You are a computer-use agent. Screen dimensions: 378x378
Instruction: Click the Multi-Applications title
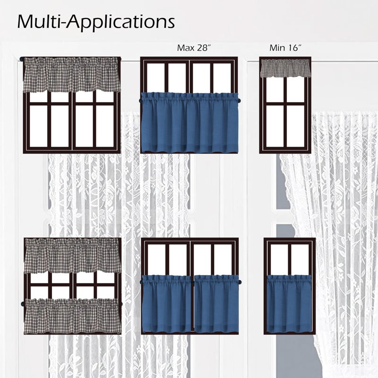pyautogui.click(x=96, y=23)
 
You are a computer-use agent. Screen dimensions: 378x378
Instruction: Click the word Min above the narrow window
pyautogui.click(x=276, y=48)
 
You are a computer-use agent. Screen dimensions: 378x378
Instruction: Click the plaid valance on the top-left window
pyautogui.click(x=72, y=75)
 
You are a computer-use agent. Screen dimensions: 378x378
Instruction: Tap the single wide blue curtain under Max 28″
pyautogui.click(x=189, y=123)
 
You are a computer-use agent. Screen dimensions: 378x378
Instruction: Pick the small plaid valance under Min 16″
pyautogui.click(x=285, y=69)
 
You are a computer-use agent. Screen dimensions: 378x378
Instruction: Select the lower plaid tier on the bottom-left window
pyautogui.click(x=72, y=316)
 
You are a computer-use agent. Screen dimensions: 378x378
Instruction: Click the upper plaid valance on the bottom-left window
pyautogui.click(x=72, y=256)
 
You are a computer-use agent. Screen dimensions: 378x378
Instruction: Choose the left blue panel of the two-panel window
pyautogui.click(x=167, y=304)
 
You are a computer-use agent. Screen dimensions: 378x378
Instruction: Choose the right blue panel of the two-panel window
pyautogui.click(x=217, y=304)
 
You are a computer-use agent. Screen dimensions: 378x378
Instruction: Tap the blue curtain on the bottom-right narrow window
pyautogui.click(x=288, y=304)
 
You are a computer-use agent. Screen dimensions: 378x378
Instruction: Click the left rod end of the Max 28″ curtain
pyautogui.click(x=140, y=100)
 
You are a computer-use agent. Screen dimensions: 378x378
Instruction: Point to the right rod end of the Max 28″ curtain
pyautogui.click(x=240, y=100)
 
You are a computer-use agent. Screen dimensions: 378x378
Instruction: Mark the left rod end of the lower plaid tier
pyautogui.click(x=23, y=304)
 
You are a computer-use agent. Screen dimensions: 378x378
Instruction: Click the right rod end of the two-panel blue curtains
pyautogui.click(x=241, y=282)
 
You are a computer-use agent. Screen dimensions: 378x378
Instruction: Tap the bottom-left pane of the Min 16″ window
pyautogui.click(x=275, y=126)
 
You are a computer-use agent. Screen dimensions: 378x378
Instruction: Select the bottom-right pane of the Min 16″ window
pyautogui.click(x=296, y=126)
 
